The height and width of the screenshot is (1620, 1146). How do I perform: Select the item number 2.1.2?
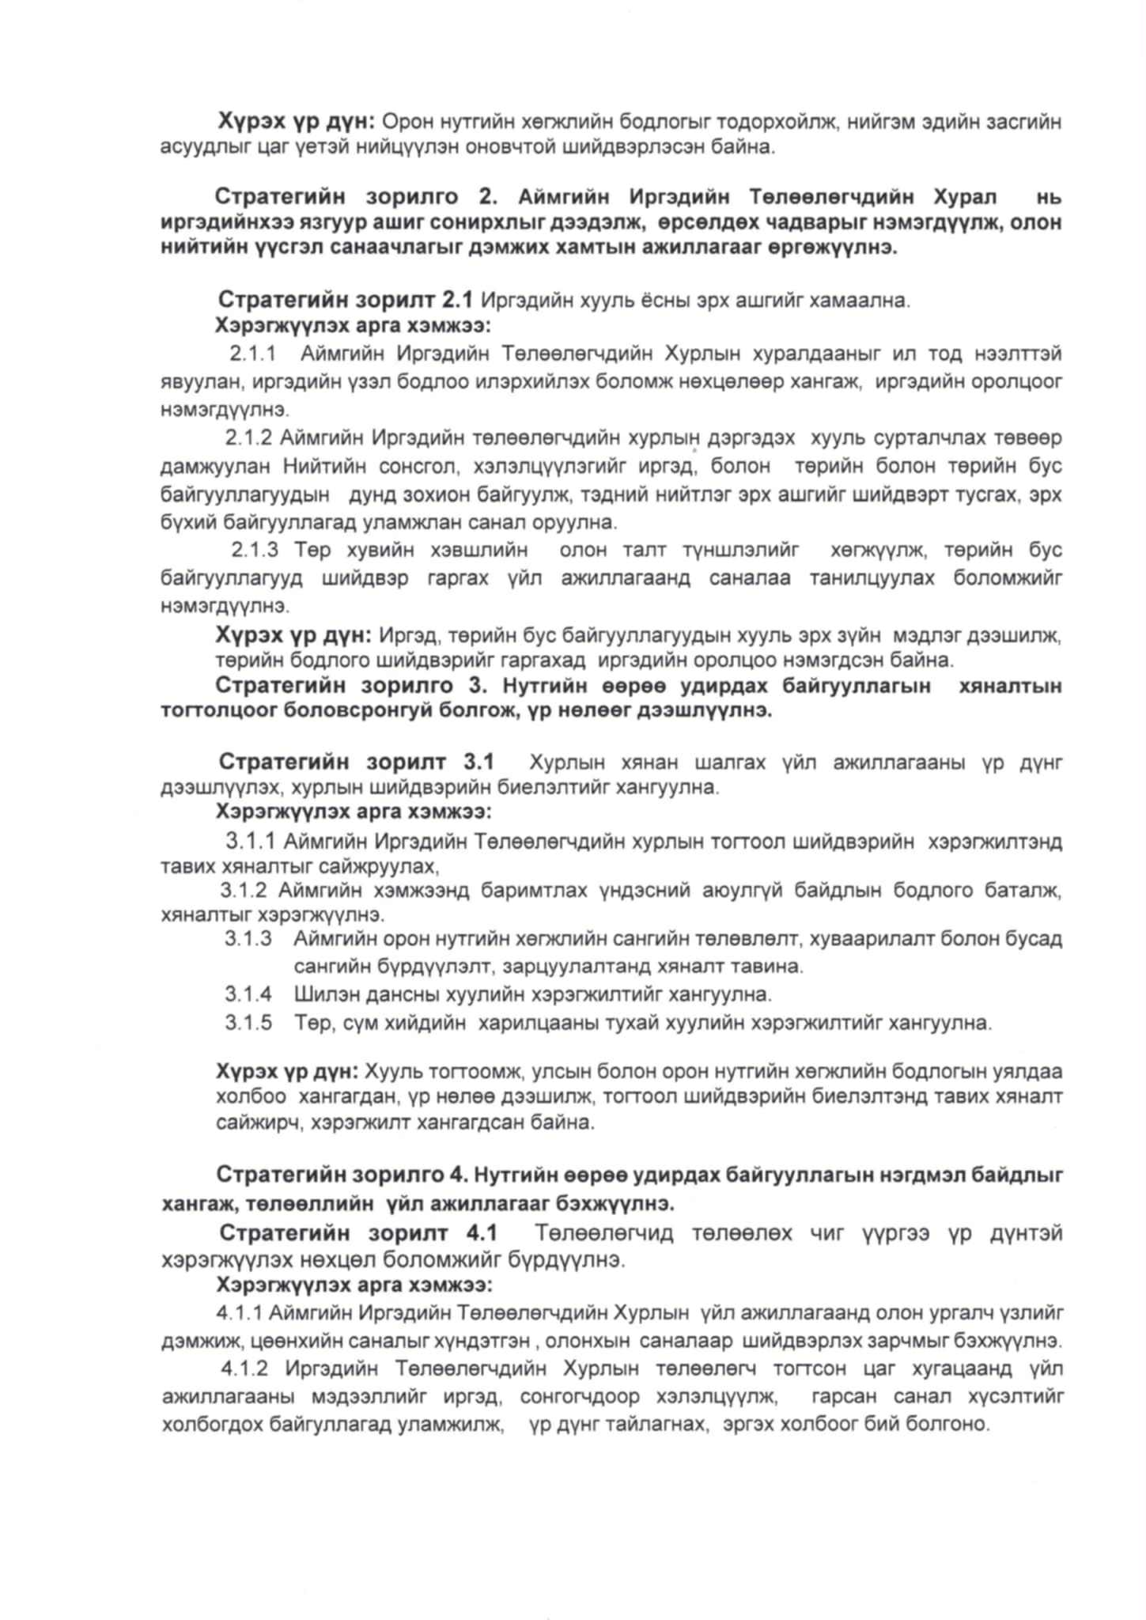coord(248,437)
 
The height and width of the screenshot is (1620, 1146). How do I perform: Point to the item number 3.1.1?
coord(251,840)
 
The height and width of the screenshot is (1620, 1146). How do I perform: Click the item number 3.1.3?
coord(248,939)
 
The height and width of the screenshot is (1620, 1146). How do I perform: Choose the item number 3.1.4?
coord(248,993)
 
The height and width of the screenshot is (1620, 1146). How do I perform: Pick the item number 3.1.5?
coord(248,1023)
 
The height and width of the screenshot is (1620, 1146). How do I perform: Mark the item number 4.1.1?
coord(239,1314)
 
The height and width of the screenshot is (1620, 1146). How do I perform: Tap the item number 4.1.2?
coord(244,1368)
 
